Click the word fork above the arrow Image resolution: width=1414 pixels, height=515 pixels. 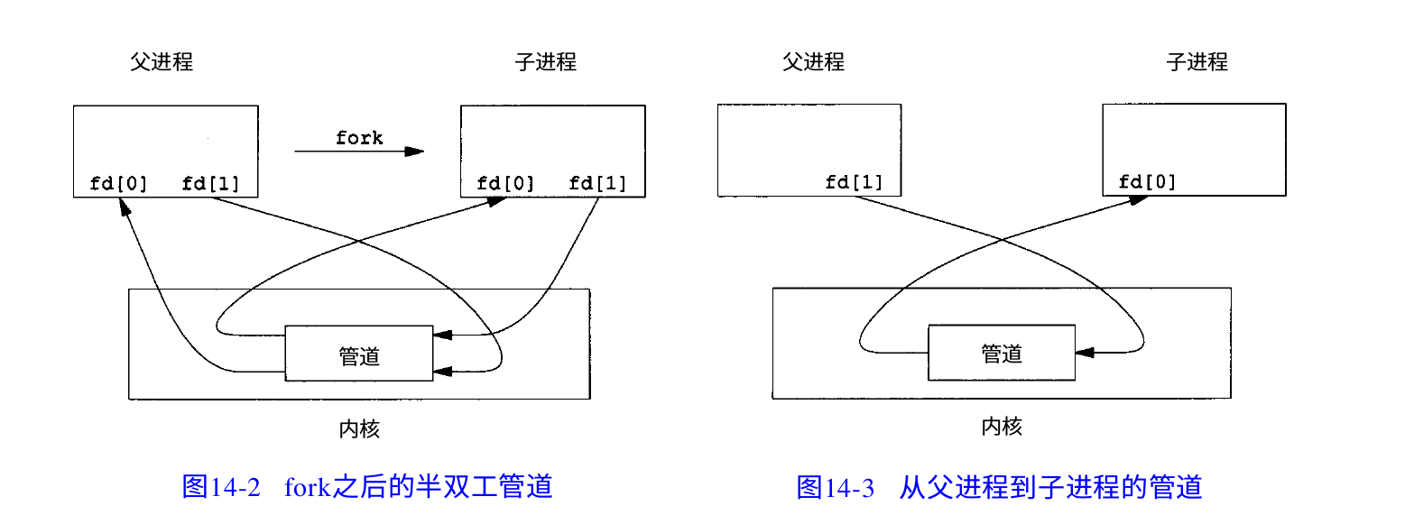[359, 138]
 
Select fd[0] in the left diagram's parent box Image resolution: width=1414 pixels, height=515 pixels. [118, 185]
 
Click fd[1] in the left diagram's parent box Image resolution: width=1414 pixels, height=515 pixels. [210, 185]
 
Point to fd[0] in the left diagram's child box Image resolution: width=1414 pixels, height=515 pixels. [505, 185]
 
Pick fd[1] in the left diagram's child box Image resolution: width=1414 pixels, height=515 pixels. [597, 185]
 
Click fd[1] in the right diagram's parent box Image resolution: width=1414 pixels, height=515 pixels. [854, 183]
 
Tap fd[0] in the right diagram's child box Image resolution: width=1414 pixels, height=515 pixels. [1147, 183]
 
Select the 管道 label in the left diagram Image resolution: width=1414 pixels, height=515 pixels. [359, 355]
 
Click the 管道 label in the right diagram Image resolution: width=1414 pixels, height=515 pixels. [1002, 354]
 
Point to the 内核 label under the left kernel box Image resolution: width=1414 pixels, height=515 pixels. [359, 428]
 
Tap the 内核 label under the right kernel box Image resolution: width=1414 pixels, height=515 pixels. [1002, 426]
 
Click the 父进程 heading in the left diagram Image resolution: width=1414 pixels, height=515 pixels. [162, 62]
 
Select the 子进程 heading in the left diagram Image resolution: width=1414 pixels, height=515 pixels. [545, 62]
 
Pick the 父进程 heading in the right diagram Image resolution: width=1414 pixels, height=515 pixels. [813, 61]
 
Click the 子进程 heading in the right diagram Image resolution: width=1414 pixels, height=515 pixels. [1197, 61]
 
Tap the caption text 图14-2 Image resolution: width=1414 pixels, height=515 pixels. [221, 487]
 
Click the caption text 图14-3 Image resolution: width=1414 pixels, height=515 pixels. [836, 487]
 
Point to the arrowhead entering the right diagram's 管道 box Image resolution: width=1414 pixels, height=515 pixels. [1084, 353]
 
